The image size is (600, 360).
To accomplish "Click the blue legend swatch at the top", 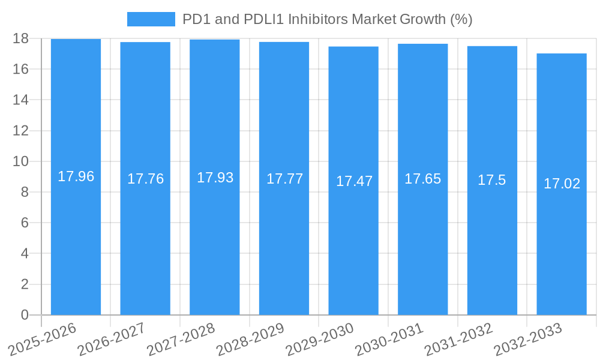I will coord(151,19).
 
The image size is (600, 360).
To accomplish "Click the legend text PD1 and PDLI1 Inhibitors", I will coord(328,19).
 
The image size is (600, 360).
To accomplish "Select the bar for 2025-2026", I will coord(76,240).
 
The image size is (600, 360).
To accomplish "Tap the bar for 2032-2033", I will coord(562,240).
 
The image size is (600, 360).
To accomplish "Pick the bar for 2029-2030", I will coord(353,240).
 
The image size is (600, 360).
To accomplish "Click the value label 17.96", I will coord(76,176).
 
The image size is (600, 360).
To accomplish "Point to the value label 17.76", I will coord(145,179).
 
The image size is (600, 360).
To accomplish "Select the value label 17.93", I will coord(215,178).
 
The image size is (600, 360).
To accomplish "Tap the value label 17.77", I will coord(284,179).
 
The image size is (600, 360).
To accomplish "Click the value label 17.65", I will coord(422,179).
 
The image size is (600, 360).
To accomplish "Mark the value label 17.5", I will coord(492,180).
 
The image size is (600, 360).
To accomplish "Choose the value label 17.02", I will coord(562,184).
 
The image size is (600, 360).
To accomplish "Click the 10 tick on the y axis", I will coord(20,161).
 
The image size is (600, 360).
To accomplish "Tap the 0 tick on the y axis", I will coord(25,315).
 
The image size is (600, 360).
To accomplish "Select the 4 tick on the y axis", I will coord(25,254).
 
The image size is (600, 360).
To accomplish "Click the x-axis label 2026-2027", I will coord(112,340).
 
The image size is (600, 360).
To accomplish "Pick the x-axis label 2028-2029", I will coord(250,340).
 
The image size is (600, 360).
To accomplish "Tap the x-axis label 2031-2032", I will coord(458,340).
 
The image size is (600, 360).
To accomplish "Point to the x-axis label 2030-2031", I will coord(389,340).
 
